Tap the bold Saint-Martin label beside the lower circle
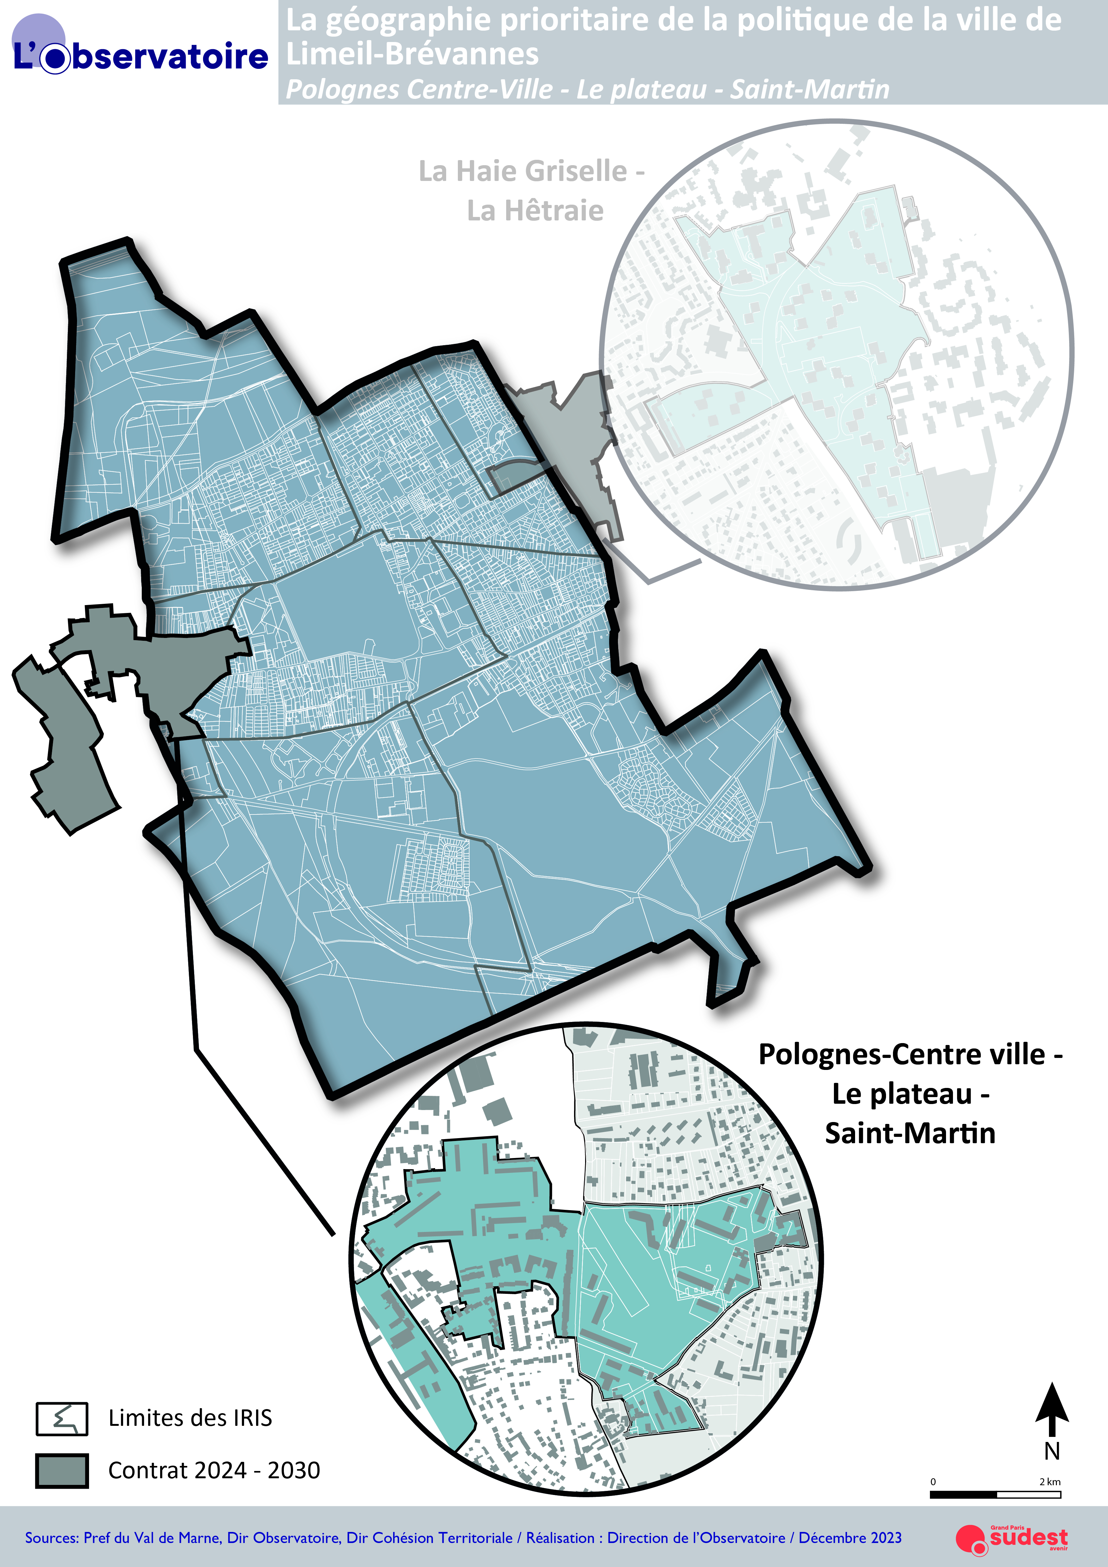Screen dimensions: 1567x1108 [910, 1134]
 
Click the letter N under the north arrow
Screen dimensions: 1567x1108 [1052, 1451]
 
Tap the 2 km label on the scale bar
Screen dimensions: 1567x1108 [1050, 1482]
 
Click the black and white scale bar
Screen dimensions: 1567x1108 [995, 1495]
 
